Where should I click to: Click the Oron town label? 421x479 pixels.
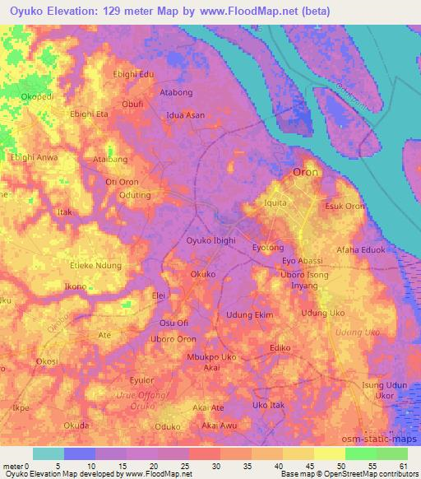click(305, 172)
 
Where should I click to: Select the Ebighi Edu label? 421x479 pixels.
click(134, 74)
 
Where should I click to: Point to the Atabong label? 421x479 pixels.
click(175, 93)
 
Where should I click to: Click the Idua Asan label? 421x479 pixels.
click(185, 115)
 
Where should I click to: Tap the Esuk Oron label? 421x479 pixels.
click(345, 206)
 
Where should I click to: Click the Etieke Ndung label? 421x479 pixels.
click(96, 265)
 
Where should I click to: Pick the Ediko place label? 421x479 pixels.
click(281, 349)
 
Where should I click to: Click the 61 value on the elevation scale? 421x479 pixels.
click(402, 466)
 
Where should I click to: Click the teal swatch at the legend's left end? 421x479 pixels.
click(48, 453)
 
